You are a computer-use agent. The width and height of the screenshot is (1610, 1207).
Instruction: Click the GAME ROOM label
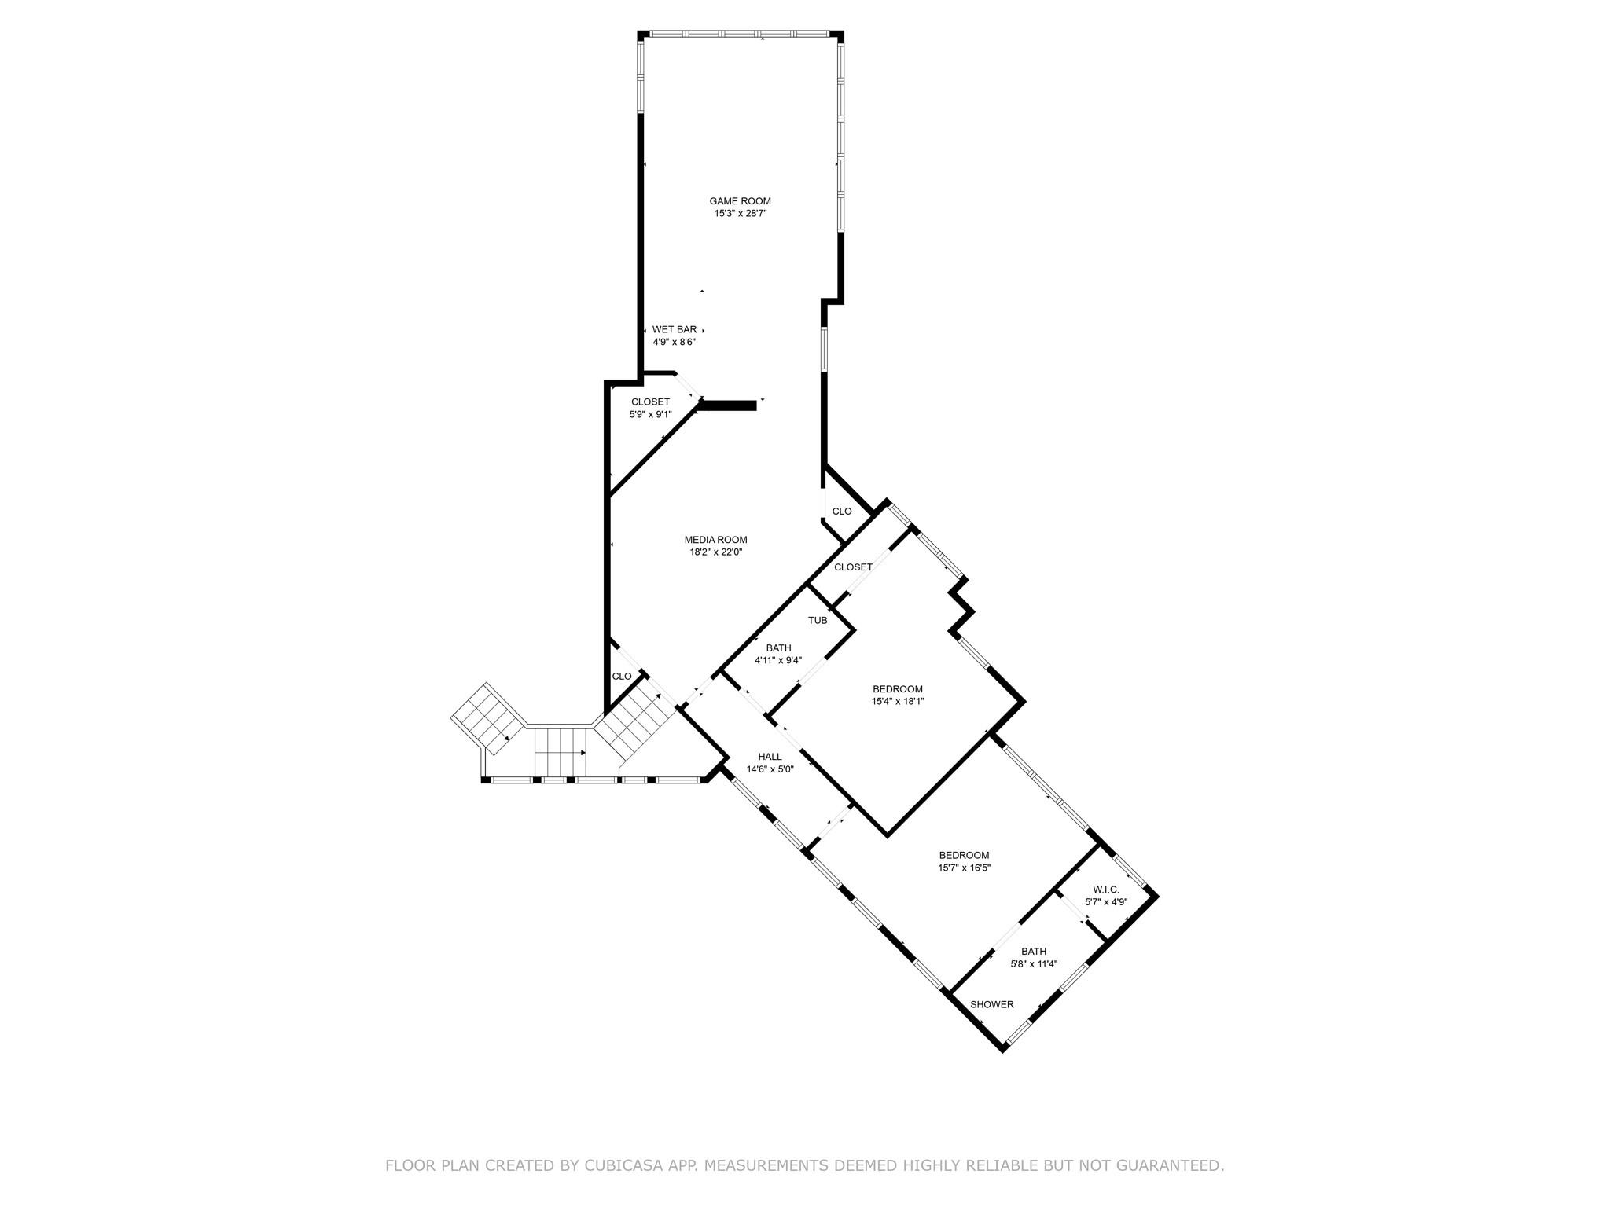point(740,201)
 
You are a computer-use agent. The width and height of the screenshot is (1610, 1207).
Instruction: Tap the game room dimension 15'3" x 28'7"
point(740,214)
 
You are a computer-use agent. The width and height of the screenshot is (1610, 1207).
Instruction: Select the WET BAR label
point(674,330)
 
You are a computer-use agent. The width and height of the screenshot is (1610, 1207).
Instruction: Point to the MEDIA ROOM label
point(715,540)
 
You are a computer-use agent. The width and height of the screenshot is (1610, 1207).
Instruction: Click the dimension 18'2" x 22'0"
point(715,552)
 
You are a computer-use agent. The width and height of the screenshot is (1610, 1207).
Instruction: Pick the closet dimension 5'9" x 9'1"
point(650,415)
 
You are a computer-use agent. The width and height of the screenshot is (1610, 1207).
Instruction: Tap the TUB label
point(818,621)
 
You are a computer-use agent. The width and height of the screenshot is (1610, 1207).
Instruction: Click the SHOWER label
point(991,1005)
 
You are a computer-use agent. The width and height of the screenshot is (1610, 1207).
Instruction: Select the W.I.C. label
point(1105,890)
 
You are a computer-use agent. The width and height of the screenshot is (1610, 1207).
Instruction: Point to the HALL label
point(770,757)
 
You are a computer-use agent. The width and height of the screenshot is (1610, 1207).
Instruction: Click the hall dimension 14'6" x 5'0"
point(770,770)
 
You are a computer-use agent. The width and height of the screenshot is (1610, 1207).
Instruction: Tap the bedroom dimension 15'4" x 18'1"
point(897,702)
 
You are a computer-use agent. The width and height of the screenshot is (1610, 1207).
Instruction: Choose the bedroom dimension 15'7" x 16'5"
point(964,868)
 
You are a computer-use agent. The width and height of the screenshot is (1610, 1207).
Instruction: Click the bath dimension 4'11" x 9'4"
point(778,661)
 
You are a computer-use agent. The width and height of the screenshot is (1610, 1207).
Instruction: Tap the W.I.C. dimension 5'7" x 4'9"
point(1106,902)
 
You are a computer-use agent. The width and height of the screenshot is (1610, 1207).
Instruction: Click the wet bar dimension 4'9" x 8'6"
point(674,343)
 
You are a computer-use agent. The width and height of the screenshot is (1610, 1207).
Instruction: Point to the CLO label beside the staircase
point(622,677)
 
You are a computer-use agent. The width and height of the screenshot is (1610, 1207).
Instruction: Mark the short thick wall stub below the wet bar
point(727,405)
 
